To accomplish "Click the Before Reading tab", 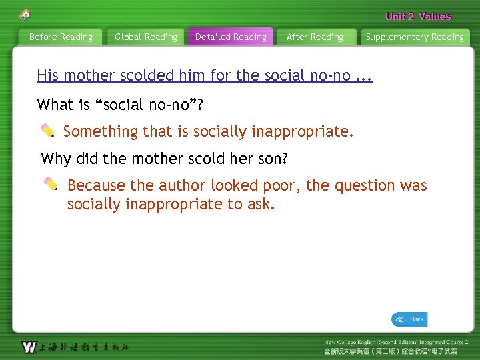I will [x=61, y=37].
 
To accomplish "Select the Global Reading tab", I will [x=146, y=37].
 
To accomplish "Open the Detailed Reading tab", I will [x=231, y=37].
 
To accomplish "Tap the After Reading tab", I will [x=315, y=37].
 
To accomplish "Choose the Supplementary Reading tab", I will [x=415, y=37].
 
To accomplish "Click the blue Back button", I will [x=409, y=319].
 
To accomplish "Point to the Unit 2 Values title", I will [x=418, y=17].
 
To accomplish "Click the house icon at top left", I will [x=25, y=14].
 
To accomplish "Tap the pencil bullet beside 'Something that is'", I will [x=48, y=131].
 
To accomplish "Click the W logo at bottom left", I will [x=29, y=347].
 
